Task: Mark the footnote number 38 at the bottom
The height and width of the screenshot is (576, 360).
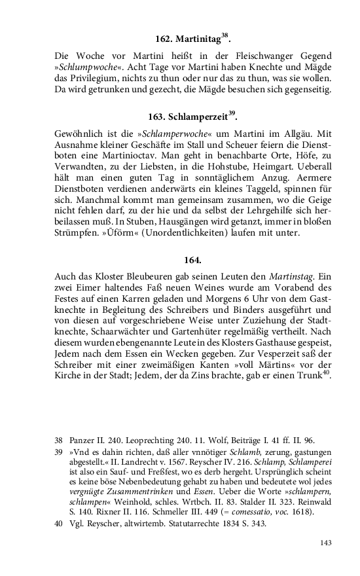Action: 58,441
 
